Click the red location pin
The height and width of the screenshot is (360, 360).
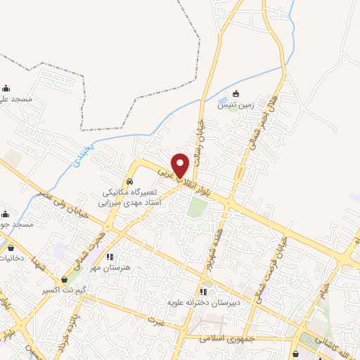click(181, 165)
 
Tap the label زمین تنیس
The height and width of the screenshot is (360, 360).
click(235, 105)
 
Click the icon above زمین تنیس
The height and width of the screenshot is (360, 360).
click(236, 94)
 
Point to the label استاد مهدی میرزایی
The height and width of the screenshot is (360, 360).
click(134, 202)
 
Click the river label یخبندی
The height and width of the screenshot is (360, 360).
click(83, 160)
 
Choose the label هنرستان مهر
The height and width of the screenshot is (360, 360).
click(105, 268)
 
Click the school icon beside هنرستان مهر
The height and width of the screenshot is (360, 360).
click(109, 257)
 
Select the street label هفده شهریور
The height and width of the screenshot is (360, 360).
click(209, 249)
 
